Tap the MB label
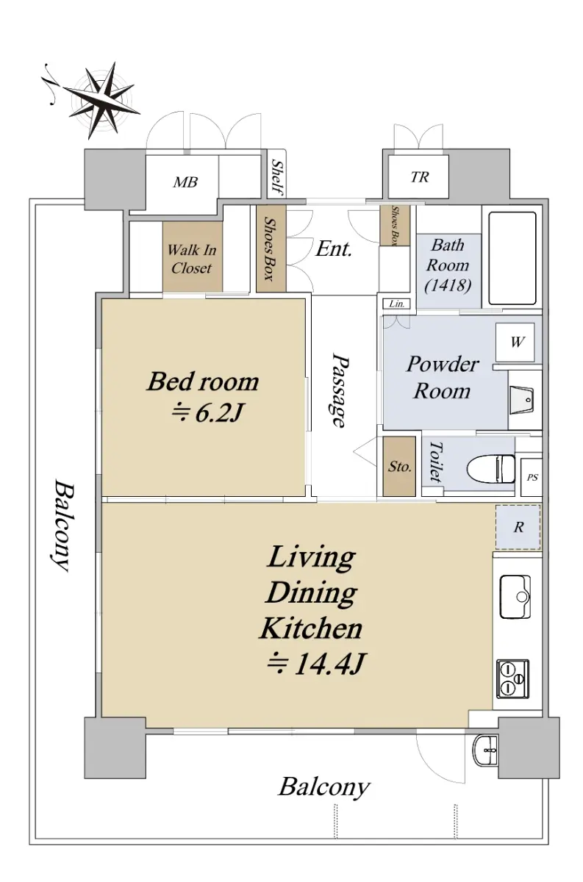[x=185, y=182]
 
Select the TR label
[x=420, y=177]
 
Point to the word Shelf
[x=277, y=178]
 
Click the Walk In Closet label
[x=192, y=259]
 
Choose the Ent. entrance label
[x=333, y=249]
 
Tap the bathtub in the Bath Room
[x=512, y=258]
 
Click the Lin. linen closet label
[x=397, y=304]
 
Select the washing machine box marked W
[x=515, y=343]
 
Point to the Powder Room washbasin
[x=521, y=400]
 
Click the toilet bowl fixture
[x=491, y=469]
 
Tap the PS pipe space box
[x=532, y=477]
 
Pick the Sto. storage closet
[x=399, y=466]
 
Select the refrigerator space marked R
[x=518, y=527]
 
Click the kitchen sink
[x=515, y=597]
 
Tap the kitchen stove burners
[x=512, y=679]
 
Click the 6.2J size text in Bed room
[x=207, y=413]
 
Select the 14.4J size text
[x=316, y=664]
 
